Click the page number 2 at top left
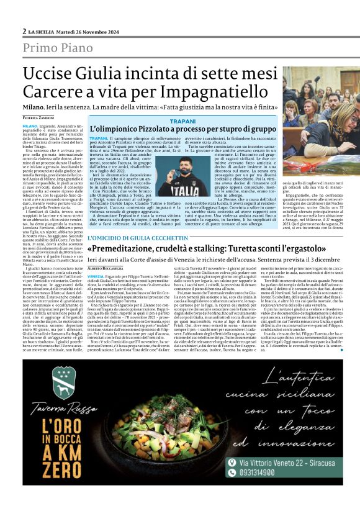pyautogui.click(x=24, y=30)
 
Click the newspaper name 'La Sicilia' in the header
pyautogui.click(x=42, y=31)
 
